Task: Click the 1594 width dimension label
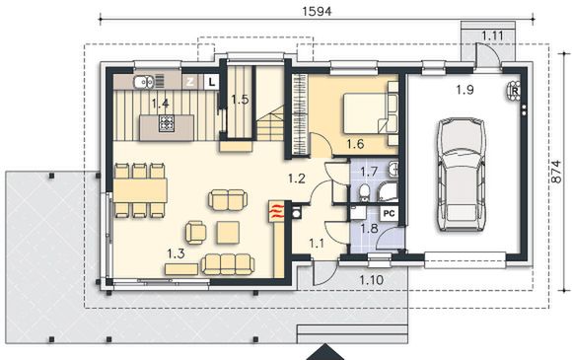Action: click(317, 11)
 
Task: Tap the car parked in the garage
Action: click(462, 175)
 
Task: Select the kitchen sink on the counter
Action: click(143, 82)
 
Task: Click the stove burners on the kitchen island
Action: click(167, 123)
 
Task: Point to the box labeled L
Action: click(211, 82)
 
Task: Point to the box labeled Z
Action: click(189, 82)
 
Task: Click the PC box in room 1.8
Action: click(390, 213)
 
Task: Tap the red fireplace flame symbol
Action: click(276, 211)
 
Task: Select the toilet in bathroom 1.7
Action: click(364, 192)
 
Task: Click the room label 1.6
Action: click(355, 144)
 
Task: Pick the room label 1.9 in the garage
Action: click(465, 90)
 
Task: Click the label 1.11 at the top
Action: click(492, 36)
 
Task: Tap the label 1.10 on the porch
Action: click(372, 280)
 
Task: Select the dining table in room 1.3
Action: click(140, 190)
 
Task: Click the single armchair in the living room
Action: click(196, 233)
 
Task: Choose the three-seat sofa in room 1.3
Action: click(228, 264)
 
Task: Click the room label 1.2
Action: click(296, 179)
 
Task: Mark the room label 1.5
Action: click(240, 100)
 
